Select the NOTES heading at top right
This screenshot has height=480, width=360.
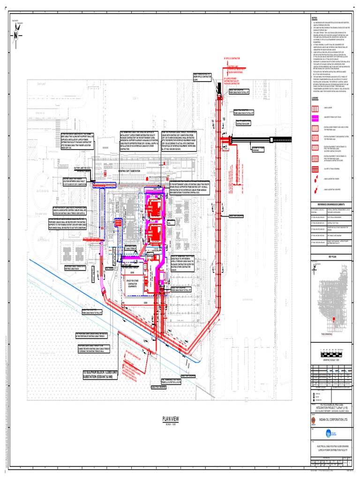[x=315, y=17]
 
